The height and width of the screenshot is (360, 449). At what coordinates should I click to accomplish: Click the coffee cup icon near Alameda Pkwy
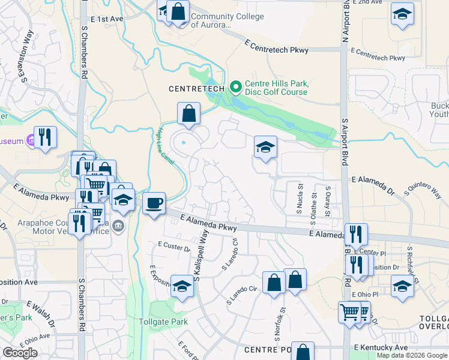click(154, 203)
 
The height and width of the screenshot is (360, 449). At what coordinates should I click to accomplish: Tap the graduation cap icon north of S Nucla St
click(265, 148)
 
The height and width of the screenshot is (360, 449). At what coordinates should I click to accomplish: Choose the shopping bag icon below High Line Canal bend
click(188, 113)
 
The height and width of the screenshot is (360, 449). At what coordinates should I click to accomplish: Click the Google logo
click(20, 353)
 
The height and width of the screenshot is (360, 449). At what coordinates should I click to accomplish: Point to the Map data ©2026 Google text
click(412, 355)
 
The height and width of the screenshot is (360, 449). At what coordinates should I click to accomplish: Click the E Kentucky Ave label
click(381, 347)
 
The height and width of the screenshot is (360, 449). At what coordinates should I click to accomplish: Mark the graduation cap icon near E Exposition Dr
click(182, 286)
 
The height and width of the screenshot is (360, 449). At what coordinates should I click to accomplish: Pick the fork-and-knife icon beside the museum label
click(45, 137)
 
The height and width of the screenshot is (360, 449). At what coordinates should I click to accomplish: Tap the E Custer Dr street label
click(173, 246)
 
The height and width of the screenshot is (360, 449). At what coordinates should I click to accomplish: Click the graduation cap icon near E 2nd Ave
click(402, 14)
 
